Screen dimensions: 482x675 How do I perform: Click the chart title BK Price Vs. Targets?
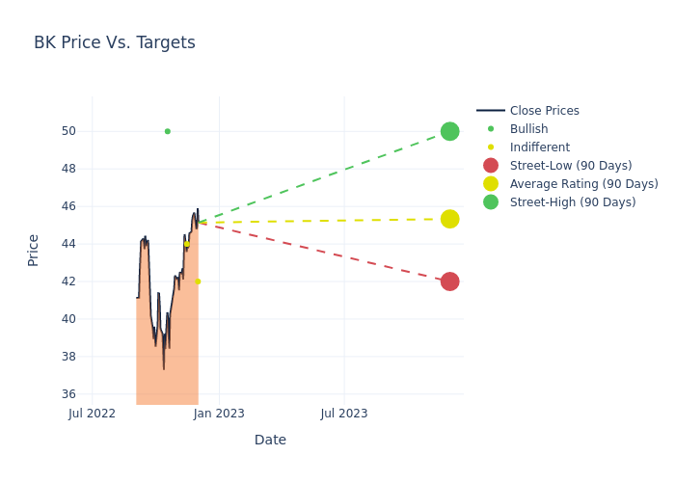click(115, 42)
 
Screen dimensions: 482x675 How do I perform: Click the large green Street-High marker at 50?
click(449, 131)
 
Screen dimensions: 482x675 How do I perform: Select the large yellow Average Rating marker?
click(449, 219)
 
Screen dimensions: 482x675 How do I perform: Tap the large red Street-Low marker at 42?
click(449, 281)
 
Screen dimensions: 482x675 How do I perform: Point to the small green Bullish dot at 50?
click(167, 131)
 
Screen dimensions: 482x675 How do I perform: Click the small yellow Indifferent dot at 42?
click(198, 281)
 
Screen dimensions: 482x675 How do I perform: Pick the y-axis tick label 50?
click(69, 131)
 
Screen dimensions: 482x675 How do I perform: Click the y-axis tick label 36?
click(69, 394)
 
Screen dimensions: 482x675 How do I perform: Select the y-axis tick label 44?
click(69, 244)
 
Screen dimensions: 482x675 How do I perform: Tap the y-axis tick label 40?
click(69, 319)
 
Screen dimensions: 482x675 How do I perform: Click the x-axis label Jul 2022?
click(93, 414)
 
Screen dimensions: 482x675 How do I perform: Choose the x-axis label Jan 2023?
click(219, 414)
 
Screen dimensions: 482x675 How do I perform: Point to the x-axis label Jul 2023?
click(343, 414)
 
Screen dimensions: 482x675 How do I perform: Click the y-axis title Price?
click(34, 250)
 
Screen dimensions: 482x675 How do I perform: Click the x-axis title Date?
click(270, 440)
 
